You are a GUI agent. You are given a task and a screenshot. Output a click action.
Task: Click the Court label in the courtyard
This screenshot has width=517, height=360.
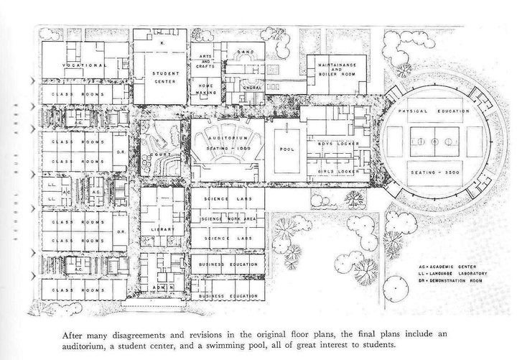pos(152,152)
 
